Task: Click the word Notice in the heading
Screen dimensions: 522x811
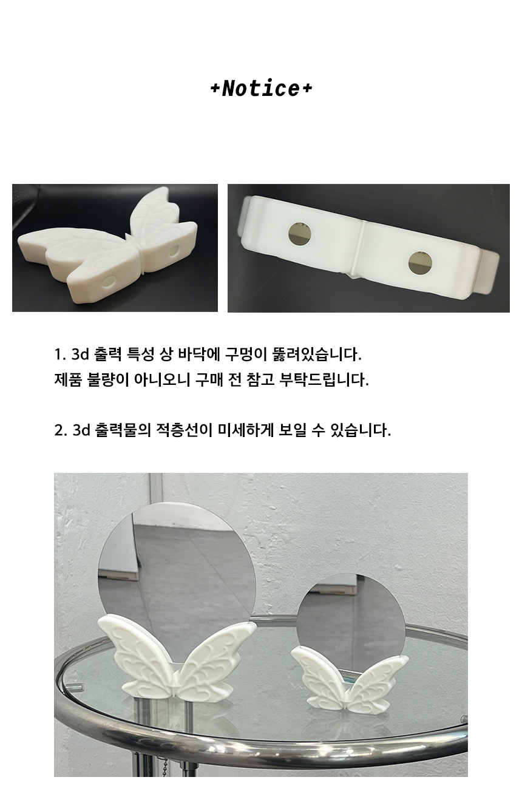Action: tap(260, 88)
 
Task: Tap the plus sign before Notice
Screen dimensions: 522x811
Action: tap(215, 89)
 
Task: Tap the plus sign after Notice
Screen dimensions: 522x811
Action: tap(307, 89)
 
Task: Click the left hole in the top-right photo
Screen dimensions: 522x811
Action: tap(300, 233)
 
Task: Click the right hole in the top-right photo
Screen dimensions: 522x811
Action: tap(420, 263)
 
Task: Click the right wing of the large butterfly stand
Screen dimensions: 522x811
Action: tap(217, 662)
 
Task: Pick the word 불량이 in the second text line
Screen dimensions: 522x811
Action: tap(108, 380)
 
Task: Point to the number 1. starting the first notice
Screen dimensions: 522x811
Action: tap(60, 355)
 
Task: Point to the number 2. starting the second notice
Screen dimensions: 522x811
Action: tap(61, 431)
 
